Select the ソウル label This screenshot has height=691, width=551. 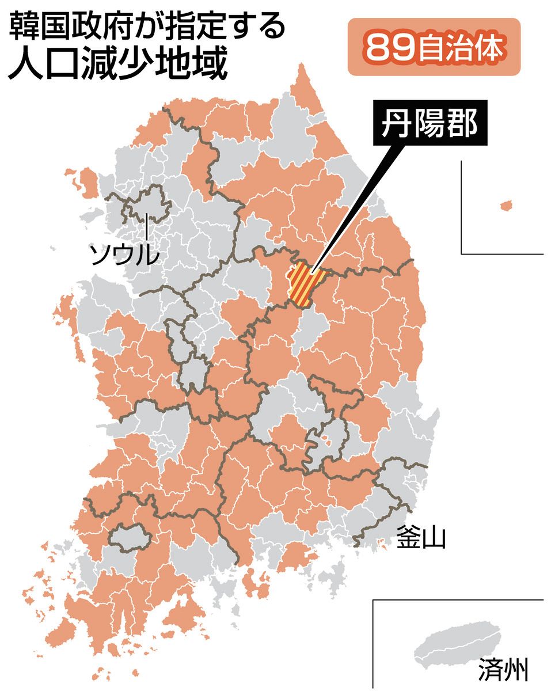pos(123,254)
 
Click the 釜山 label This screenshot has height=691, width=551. pos(420,538)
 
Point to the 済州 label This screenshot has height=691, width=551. pos(502,670)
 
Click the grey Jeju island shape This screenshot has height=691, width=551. pos(457,643)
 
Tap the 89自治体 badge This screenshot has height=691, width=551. pos(434,47)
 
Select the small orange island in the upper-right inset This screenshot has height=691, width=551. pos(506,205)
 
